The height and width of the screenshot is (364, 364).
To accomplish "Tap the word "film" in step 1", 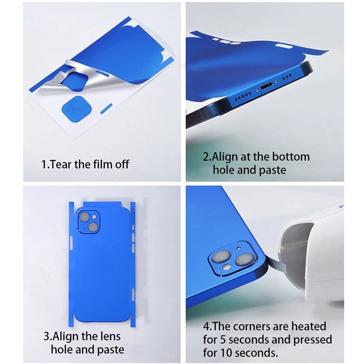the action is click(x=103, y=164).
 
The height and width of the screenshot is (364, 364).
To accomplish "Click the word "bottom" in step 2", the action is click(x=291, y=157).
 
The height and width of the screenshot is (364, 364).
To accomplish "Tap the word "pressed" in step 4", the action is click(x=313, y=340).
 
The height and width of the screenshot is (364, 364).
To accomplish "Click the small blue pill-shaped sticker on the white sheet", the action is click(x=106, y=109).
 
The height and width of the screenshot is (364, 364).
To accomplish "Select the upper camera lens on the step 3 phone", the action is click(x=85, y=217).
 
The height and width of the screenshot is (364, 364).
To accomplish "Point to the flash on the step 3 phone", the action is click(x=94, y=217).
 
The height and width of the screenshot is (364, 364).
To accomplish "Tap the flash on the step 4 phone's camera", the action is click(x=226, y=267).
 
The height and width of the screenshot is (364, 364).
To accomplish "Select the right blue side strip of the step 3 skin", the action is click(x=133, y=265).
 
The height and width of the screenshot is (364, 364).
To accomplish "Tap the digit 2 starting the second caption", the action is click(x=206, y=157).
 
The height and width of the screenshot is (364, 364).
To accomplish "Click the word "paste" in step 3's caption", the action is click(x=110, y=350).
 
